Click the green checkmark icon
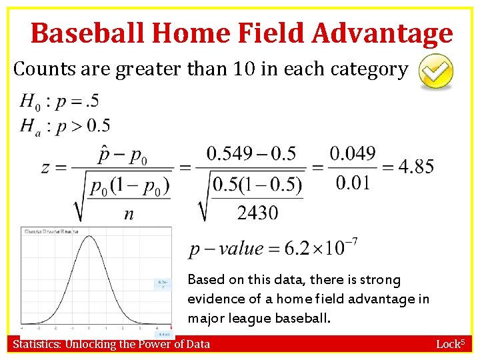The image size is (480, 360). click(435, 72)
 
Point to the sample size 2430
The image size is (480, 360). click(257, 213)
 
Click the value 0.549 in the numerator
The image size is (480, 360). click(231, 154)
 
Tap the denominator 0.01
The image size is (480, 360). click(353, 183)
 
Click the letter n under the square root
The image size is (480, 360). click(128, 214)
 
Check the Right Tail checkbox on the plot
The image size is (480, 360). click(63, 231)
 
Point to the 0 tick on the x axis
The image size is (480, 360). click(89, 328)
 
